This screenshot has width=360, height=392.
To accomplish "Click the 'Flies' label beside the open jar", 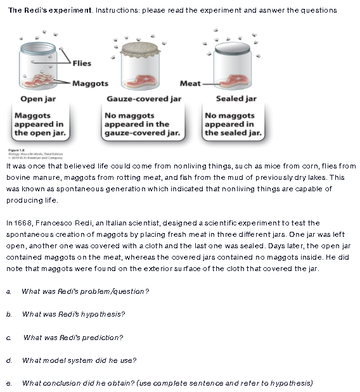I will click(x=82, y=63).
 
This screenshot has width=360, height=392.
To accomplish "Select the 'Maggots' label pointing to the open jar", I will click(x=90, y=84).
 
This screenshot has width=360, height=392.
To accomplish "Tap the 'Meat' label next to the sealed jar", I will click(x=190, y=84).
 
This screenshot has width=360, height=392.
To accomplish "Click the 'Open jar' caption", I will click(x=40, y=99).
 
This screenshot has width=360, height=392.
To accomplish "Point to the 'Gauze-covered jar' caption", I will click(x=144, y=99).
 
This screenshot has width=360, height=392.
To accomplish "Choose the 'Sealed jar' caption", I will click(x=236, y=99).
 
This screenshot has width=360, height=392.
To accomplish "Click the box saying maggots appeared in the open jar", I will click(x=40, y=124).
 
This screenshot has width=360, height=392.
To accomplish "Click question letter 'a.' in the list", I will click(x=8, y=291).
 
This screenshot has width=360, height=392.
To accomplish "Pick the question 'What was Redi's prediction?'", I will click(x=73, y=337).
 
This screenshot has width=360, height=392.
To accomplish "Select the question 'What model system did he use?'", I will click(x=79, y=360).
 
